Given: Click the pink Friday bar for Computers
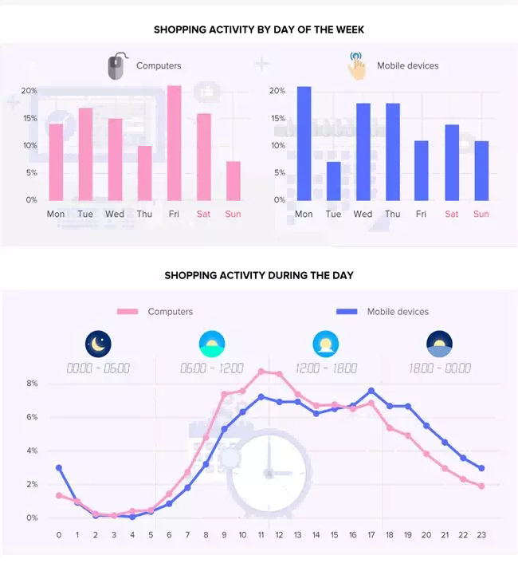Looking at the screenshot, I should point(174,143).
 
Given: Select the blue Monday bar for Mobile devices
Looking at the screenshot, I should point(304,144).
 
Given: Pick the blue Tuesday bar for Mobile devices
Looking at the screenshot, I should point(333,181).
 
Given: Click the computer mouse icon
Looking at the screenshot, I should point(116,67).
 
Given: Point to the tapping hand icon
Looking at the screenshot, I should point(356,66).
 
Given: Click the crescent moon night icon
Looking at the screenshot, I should point(98,345).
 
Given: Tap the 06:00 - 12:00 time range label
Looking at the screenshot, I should point(211,368).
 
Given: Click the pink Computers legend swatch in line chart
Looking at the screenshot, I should point(128,312).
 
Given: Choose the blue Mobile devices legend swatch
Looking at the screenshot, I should point(347,312).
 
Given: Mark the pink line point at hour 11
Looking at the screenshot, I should point(261,372).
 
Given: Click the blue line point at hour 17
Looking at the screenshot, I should point(371,391).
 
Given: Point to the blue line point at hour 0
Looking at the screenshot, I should point(59,468).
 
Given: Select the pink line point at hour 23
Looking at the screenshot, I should point(481,486).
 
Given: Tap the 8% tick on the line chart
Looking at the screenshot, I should point(32,384).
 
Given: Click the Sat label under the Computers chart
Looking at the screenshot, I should point(203,214).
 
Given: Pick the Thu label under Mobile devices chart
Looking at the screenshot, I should point(392,214).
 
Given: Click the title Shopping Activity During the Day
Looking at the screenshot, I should point(259,275).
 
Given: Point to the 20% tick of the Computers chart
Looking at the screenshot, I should point(29,91).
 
